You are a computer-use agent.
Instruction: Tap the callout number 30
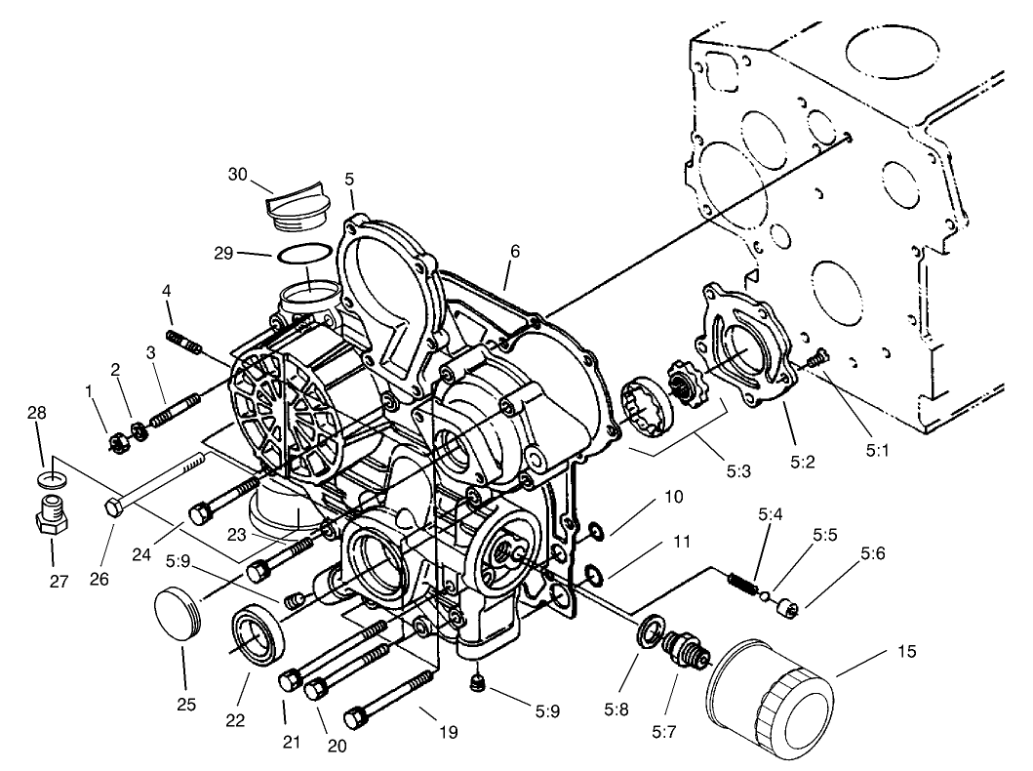point(238,174)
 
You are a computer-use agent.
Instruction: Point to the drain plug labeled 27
point(51,516)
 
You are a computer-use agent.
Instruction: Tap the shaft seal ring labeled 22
point(258,635)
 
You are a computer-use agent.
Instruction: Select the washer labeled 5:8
point(648,631)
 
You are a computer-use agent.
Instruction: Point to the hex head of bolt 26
point(112,507)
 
